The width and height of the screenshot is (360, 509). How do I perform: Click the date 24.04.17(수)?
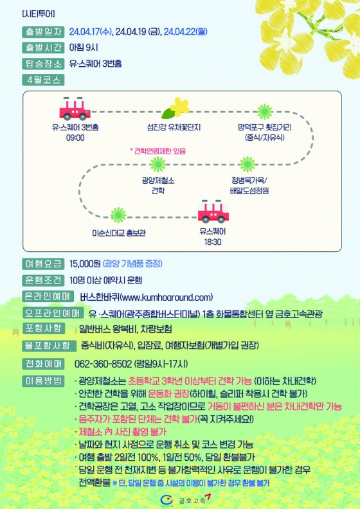click(91, 32)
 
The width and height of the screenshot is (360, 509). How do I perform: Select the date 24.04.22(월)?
click(185, 32)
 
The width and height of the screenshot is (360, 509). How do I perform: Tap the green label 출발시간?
click(43, 48)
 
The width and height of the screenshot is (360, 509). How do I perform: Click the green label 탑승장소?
click(43, 64)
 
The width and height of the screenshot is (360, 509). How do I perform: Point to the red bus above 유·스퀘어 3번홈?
click(75, 109)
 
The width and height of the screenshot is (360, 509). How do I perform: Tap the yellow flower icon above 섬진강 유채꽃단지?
click(176, 108)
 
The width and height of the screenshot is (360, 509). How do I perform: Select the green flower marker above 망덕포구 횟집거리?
click(265, 112)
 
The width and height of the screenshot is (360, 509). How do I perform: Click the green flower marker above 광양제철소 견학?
click(158, 165)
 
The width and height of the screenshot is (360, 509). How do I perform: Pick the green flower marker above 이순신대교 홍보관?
click(118, 215)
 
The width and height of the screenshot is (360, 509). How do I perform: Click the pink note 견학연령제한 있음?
click(157, 151)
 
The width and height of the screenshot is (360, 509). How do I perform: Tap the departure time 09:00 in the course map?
click(75, 138)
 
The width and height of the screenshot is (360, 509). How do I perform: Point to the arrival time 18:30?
click(213, 242)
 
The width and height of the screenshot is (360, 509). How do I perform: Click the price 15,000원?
click(85, 263)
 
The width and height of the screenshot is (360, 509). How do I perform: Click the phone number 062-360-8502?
click(104, 364)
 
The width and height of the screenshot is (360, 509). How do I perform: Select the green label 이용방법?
click(43, 380)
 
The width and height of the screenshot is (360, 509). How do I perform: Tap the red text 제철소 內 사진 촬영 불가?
click(122, 432)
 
